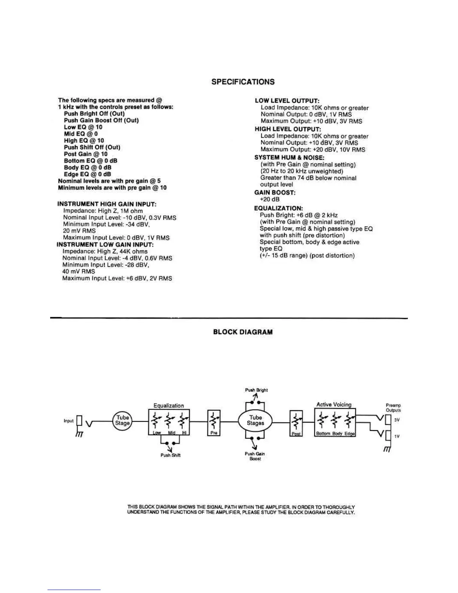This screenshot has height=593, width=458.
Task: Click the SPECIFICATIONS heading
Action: pyautogui.click(x=243, y=82)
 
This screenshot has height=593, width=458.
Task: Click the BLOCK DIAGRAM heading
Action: pyautogui.click(x=243, y=332)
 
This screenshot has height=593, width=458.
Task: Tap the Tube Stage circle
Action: pyautogui.click(x=122, y=420)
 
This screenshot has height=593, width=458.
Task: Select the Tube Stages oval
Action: pyautogui.click(x=256, y=420)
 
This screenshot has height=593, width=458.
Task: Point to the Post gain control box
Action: pyautogui.click(x=296, y=423)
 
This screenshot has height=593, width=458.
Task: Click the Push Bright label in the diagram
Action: pyautogui.click(x=256, y=390)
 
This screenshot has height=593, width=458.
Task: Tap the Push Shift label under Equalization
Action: pyautogui.click(x=171, y=455)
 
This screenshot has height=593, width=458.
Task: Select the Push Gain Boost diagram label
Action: pyautogui.click(x=255, y=456)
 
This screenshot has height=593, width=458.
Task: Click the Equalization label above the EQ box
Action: pyautogui.click(x=169, y=405)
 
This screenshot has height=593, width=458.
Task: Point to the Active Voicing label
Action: pyautogui.click(x=334, y=404)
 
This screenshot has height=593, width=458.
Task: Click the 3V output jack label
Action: pyautogui.click(x=397, y=420)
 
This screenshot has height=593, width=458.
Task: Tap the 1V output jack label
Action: pyautogui.click(x=397, y=436)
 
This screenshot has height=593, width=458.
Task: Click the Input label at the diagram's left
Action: pyautogui.click(x=68, y=421)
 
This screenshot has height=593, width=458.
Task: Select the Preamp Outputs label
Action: pyautogui.click(x=393, y=408)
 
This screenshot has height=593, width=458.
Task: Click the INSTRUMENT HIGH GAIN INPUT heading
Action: pyautogui.click(x=107, y=204)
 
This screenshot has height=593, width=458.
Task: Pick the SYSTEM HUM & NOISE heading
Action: pyautogui.click(x=289, y=158)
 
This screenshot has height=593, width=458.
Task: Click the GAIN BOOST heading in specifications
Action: pyautogui.click(x=275, y=192)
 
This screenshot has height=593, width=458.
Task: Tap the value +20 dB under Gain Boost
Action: pyautogui.click(x=270, y=199)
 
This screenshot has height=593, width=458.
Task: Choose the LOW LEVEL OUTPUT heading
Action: pyautogui.click(x=287, y=101)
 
